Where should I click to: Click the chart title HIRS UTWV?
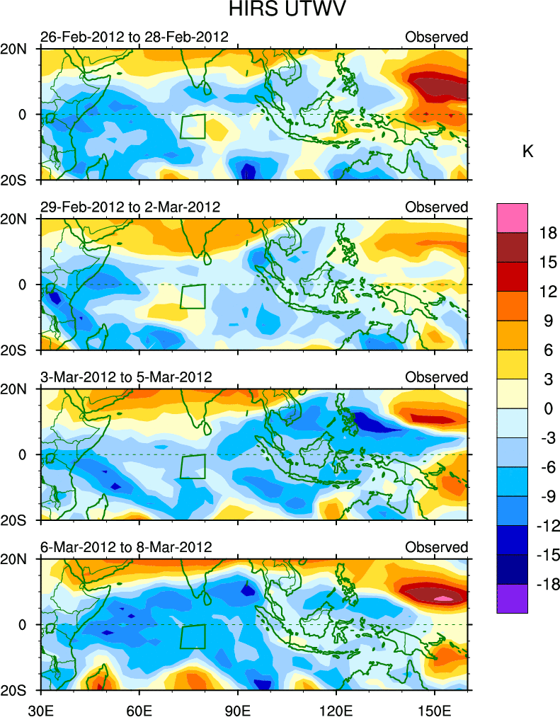click(280, 12)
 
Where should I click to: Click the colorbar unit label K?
click(527, 151)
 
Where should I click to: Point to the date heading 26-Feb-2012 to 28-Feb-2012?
click(135, 37)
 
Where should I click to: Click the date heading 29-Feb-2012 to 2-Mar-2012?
click(130, 207)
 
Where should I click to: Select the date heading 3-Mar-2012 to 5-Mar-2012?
click(126, 377)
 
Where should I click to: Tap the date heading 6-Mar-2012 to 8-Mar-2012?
click(126, 547)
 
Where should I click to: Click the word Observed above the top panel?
click(436, 37)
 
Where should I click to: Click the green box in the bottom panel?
click(193, 636)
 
